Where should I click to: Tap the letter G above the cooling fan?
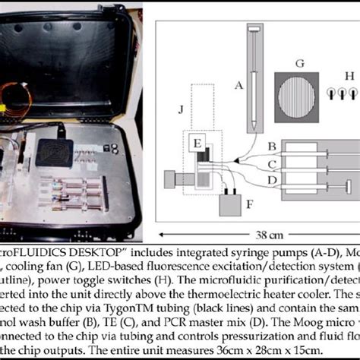[x=299, y=62]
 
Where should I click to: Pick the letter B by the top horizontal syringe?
[x=270, y=145]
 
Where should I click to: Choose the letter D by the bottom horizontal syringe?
[x=270, y=178]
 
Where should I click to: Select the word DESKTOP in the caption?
[x=84, y=249]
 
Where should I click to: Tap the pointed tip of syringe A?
[x=252, y=122]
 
